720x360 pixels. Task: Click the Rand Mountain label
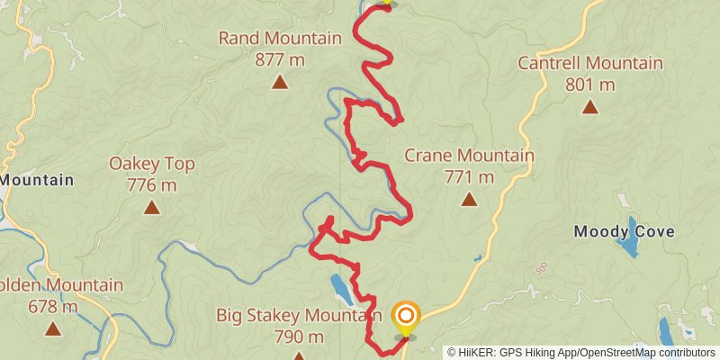pyautogui.click(x=280, y=39)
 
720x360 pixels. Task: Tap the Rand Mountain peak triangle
pyautogui.click(x=280, y=83)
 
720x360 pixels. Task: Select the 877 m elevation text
pyautogui.click(x=280, y=60)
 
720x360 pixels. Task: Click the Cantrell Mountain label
pyautogui.click(x=590, y=64)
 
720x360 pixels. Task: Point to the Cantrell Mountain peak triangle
pyautogui.click(x=590, y=106)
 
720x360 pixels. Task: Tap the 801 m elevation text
pyautogui.click(x=590, y=85)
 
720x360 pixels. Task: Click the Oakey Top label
pyautogui.click(x=152, y=164)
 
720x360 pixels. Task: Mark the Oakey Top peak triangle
pyautogui.click(x=152, y=208)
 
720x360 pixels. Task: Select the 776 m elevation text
pyautogui.click(x=152, y=185)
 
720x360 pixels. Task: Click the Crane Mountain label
pyautogui.click(x=469, y=156)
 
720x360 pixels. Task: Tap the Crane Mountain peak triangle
pyautogui.click(x=469, y=199)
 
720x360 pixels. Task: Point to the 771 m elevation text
pyautogui.click(x=469, y=177)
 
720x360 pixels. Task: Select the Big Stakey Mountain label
pyautogui.click(x=293, y=316)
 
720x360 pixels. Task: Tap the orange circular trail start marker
pyautogui.click(x=406, y=316)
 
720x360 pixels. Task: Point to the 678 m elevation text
pyautogui.click(x=53, y=307)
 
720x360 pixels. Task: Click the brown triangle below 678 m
pyautogui.click(x=53, y=329)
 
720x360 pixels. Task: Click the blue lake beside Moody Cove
pyautogui.click(x=633, y=237)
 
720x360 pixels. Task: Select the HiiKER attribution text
pyautogui.click(x=581, y=353)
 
